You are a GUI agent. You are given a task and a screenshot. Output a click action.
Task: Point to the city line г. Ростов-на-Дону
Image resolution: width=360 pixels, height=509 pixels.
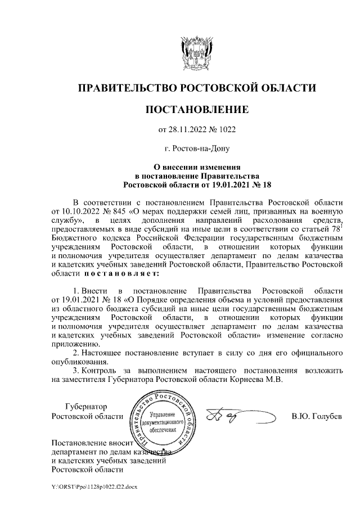[x=196, y=149]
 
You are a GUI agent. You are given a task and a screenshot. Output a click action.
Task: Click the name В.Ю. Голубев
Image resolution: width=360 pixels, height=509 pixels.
[x=317, y=417]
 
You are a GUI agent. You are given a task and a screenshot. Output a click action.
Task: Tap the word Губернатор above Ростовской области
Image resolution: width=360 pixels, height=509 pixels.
[x=86, y=407]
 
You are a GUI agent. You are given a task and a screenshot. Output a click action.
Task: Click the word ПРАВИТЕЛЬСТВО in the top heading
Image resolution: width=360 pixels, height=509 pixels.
[x=126, y=88]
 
